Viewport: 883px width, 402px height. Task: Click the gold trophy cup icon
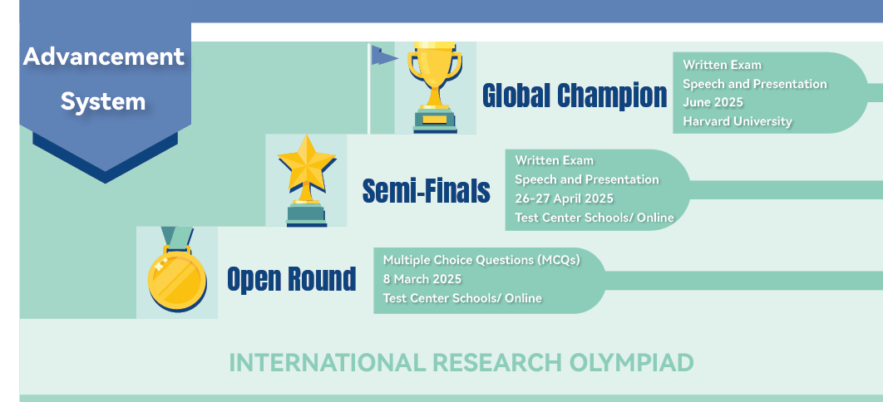435,87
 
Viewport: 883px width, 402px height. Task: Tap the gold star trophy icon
306,180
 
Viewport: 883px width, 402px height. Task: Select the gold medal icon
177,270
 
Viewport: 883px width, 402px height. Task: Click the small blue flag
384,55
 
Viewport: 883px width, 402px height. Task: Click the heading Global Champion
575,95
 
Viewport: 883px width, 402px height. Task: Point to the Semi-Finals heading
427,190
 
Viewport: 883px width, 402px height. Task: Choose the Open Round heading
292,279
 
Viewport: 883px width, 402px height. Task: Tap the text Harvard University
737,121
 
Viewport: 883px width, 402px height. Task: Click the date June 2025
713,102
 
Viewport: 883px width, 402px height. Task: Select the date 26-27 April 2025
565,199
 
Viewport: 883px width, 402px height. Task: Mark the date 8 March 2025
422,279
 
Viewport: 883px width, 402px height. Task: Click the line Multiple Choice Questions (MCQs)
481,260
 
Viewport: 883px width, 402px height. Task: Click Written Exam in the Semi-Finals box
554,160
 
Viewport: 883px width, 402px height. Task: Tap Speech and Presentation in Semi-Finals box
587,179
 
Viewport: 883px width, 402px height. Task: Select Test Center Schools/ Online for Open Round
462,298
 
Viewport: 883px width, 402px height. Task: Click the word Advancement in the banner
104,56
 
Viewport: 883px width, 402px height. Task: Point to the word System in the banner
103,102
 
